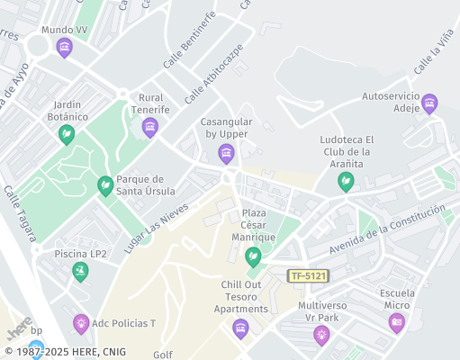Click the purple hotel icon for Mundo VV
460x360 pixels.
click(63, 47)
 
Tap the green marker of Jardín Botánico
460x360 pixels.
click(66, 134)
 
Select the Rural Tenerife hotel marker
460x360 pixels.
click(150, 127)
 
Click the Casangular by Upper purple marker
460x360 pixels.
click(226, 152)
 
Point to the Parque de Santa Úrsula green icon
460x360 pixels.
click(105, 184)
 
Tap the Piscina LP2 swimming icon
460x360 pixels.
click(80, 270)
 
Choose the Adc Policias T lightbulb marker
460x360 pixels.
click(81, 322)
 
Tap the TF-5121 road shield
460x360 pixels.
click(307, 275)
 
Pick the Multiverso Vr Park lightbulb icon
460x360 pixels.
click(321, 335)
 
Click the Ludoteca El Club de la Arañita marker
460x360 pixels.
click(345, 181)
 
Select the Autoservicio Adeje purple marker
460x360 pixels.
click(429, 103)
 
